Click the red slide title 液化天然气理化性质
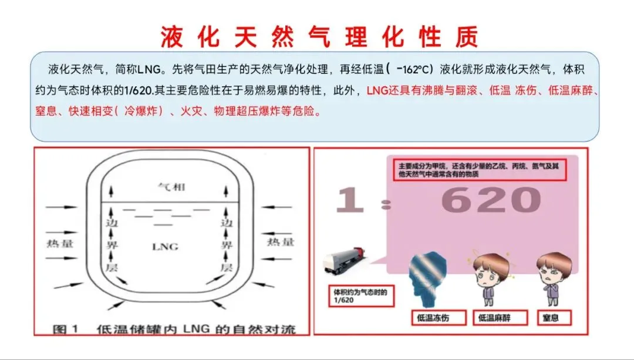pos(319,36)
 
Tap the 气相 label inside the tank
pos(171,187)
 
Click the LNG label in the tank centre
pos(165,246)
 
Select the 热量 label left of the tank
pos(60,243)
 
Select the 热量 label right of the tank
pos(281,243)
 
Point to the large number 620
pos(491,200)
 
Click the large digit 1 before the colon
pos(350,200)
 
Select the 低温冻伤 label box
pos(439,318)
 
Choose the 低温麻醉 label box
pos(501,318)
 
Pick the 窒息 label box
pos(554,318)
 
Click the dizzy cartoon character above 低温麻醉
pos(491,279)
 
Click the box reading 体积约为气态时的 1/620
pos(361,295)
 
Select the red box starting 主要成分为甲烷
pos(480,170)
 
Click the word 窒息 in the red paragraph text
pos(46,111)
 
